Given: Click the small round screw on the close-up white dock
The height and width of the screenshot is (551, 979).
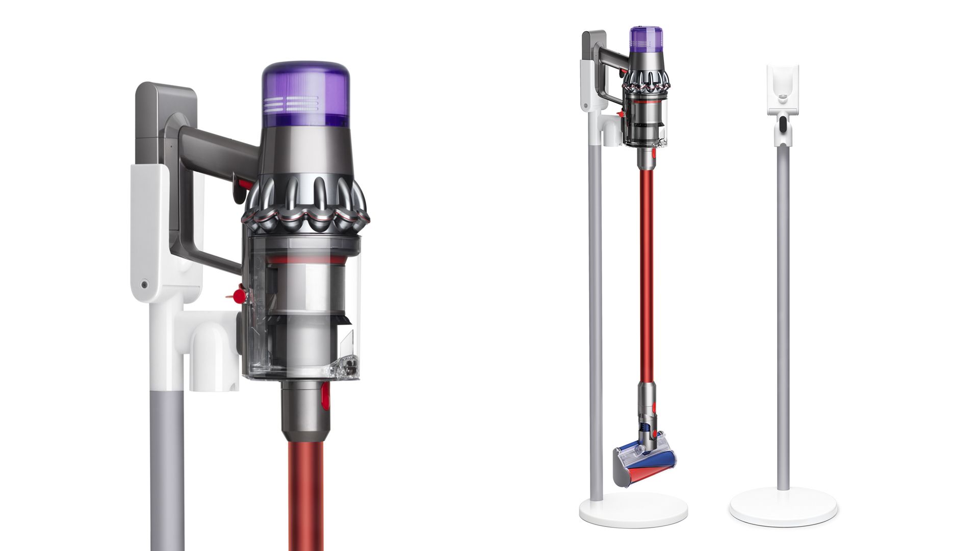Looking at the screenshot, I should (144, 284).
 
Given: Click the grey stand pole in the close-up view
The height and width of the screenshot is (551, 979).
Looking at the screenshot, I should (167, 459).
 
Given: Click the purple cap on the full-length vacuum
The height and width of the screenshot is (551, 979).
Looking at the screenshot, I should (647, 39).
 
